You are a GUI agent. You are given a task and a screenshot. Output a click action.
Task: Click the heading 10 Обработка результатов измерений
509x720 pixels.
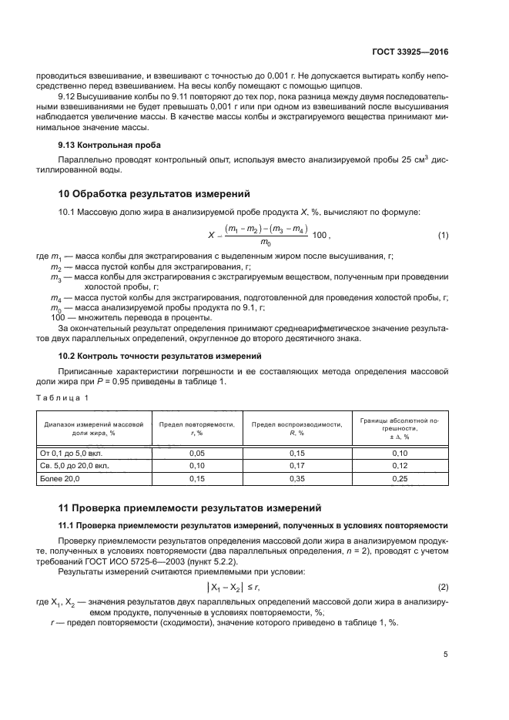pos(153,193)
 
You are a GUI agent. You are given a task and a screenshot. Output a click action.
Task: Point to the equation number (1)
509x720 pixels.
pos(443,235)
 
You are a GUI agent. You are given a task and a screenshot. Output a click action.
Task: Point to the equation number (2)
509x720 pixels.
pos(443,587)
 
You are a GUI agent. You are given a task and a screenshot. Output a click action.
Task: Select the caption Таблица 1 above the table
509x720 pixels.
pos(63,397)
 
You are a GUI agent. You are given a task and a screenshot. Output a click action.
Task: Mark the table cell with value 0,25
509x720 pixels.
pos(400,478)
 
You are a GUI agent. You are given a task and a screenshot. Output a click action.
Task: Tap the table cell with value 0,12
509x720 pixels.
pos(400,466)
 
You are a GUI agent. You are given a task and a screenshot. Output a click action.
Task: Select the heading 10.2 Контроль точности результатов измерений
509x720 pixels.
pos(161,356)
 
